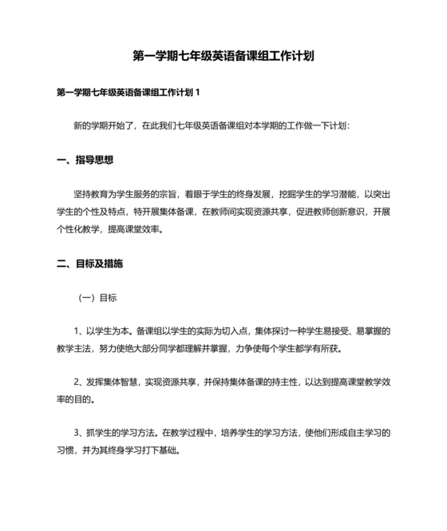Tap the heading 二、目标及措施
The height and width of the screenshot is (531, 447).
click(90, 263)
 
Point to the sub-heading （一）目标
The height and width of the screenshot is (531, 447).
click(97, 297)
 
